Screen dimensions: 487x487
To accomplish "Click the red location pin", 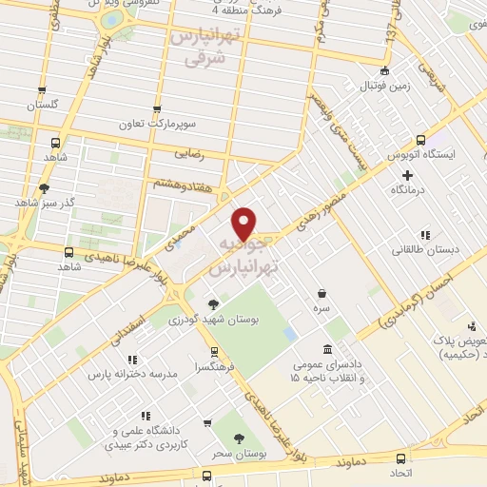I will [245, 223].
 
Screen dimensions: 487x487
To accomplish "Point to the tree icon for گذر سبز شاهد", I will [44, 187].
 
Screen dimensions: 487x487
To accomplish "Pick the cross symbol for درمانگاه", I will [408, 175].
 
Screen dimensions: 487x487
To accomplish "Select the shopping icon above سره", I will [323, 294].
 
